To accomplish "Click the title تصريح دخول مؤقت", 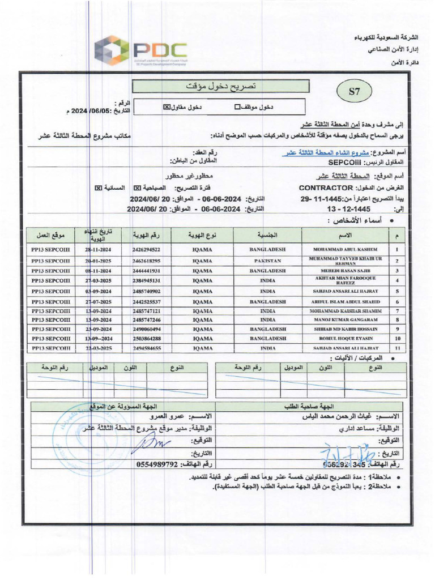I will (221, 87).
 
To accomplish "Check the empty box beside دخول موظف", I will (237, 106).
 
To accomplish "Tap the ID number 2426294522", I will (146, 249).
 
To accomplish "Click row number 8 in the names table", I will (397, 320).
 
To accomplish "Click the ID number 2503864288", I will (146, 338).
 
